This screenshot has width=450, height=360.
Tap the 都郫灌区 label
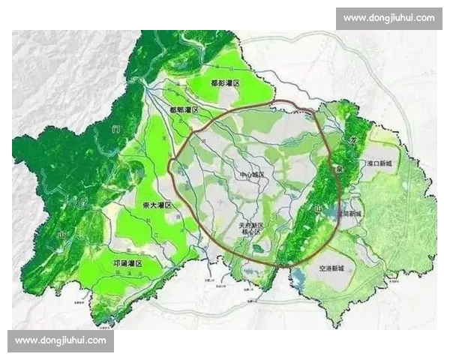[x=184, y=109]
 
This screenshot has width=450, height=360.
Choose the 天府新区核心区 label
[x=249, y=228]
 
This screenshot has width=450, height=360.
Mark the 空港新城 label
[x=331, y=268]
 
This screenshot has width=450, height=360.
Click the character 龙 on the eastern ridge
[x=347, y=140]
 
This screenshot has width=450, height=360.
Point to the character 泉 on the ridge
[x=339, y=169]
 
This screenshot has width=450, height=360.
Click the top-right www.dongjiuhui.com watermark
[x=389, y=17]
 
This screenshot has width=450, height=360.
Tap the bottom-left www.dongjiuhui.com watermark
[x=60, y=341]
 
